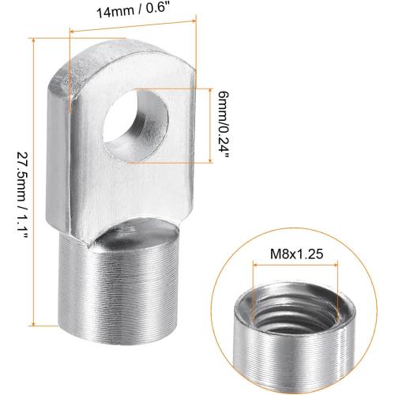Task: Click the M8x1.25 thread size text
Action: pos(288,255)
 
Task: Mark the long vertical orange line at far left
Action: pos(34,182)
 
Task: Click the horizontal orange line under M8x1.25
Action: pos(289,268)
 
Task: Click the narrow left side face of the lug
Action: pos(60,142)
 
